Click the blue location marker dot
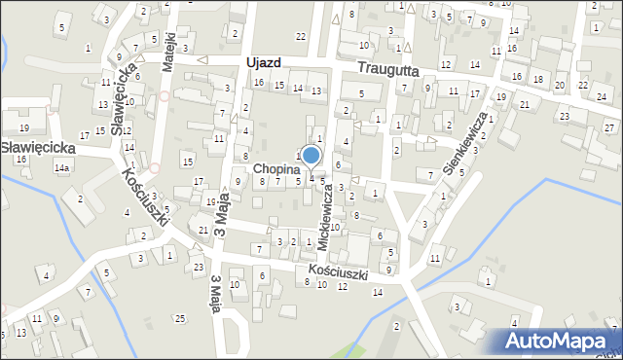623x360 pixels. pos(311,155)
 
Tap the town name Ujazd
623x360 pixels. pos(264,62)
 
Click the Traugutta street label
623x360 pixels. pos(386,69)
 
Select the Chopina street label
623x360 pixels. pos(275,168)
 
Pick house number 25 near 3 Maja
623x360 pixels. pos(180,319)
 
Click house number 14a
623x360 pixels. pos(62,168)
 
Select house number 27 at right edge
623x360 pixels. pos(607,128)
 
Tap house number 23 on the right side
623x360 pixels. pos(564,117)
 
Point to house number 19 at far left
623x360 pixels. pos(23,128)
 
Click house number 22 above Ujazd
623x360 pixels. pos(300,36)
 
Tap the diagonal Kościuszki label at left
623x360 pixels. pos(143,198)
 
